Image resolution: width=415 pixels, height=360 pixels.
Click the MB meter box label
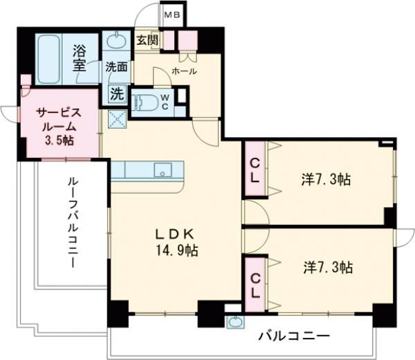coord(170,13)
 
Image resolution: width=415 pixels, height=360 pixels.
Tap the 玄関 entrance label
coord(147,40)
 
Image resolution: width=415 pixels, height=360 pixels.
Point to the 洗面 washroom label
coord(117,67)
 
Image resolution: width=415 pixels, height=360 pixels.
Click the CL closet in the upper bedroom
coord(254,168)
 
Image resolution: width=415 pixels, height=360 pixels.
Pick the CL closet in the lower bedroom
coord(255,284)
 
